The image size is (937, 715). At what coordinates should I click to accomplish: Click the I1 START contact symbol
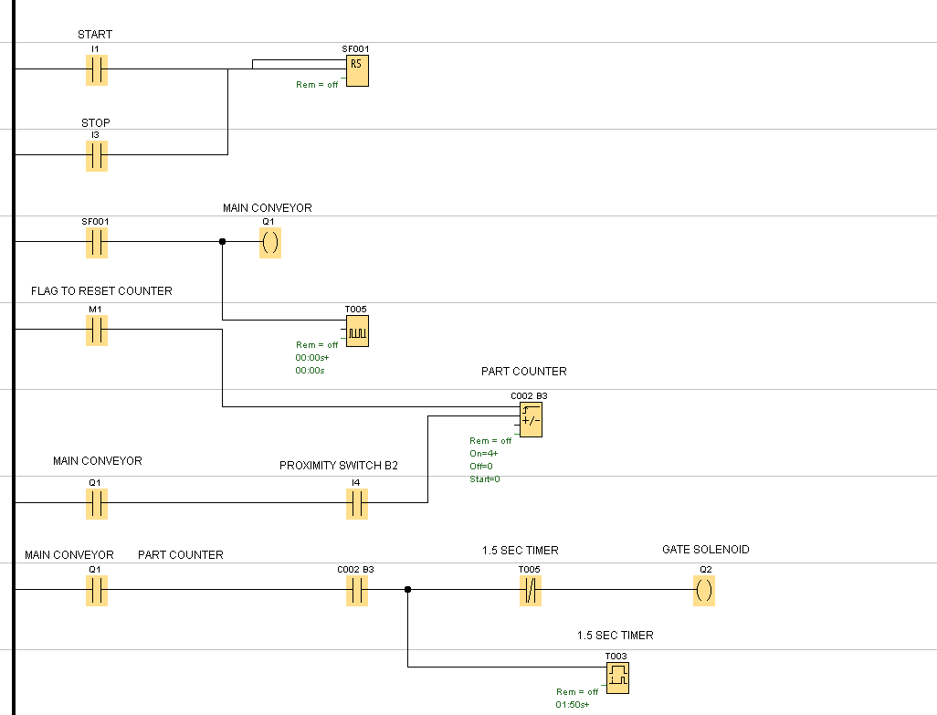tap(96, 69)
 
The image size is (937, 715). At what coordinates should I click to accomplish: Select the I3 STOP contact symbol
tap(96, 156)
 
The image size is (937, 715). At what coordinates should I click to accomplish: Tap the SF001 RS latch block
tap(357, 69)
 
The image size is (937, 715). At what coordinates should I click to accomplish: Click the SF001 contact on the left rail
tap(96, 243)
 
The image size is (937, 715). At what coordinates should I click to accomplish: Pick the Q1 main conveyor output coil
tap(269, 243)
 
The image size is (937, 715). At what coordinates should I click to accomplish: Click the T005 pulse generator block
tap(357, 331)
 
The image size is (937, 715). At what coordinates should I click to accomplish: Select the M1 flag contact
tap(96, 330)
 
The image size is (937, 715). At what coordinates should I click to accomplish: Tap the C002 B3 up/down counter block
tap(531, 420)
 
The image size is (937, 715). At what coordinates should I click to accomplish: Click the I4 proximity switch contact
tap(357, 503)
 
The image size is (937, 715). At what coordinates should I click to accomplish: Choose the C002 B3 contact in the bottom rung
tap(357, 591)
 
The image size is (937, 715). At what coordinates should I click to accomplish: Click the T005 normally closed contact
tap(530, 591)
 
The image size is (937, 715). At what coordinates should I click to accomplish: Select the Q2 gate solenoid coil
tap(703, 591)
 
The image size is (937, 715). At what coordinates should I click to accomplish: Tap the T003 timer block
tap(618, 677)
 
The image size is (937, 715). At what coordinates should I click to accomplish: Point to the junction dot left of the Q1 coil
tap(222, 242)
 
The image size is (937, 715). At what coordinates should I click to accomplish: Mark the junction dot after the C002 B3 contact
tap(407, 590)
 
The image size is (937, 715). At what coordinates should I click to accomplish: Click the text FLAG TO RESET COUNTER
tap(101, 291)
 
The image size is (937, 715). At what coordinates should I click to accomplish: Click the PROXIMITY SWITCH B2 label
tap(338, 466)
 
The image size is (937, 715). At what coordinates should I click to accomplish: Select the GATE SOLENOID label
tap(705, 550)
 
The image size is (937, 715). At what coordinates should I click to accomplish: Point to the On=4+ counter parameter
tap(484, 453)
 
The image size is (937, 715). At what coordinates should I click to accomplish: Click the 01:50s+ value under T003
tap(573, 705)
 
